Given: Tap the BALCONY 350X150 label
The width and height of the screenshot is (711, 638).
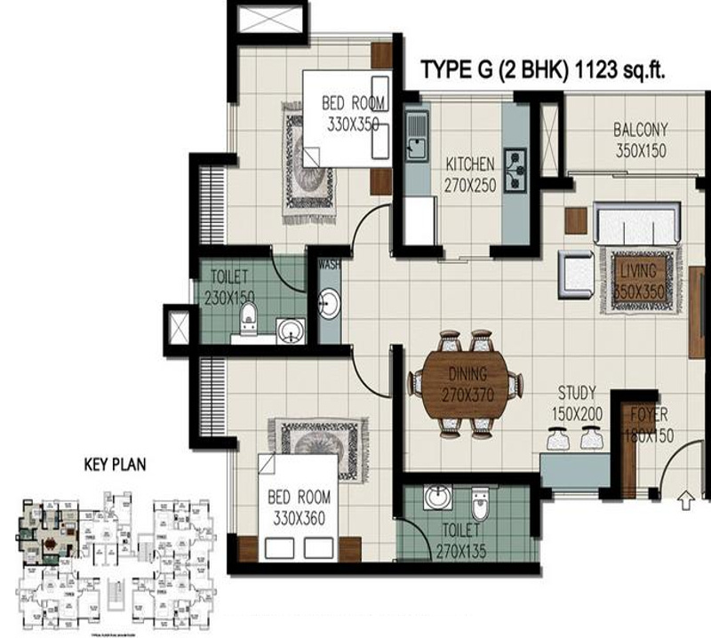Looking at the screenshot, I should click(640, 140).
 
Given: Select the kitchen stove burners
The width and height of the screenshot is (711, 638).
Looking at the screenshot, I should click(515, 169).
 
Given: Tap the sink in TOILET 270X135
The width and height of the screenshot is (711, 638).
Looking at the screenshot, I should click(437, 498).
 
